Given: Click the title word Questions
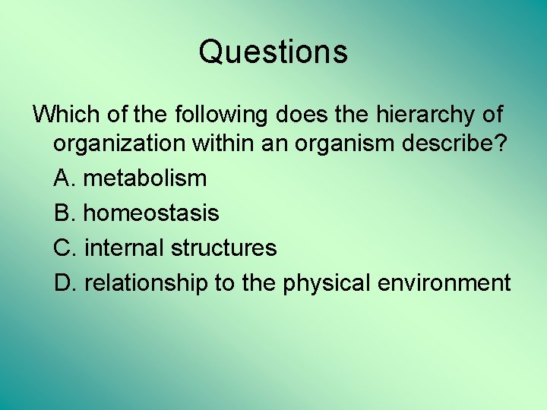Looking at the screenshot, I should (273, 52).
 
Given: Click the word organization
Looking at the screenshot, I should (118, 144).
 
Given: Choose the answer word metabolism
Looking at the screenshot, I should (144, 178).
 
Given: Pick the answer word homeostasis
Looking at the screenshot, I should (150, 213).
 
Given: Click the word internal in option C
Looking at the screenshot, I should (124, 248).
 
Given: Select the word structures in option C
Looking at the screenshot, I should (223, 248).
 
